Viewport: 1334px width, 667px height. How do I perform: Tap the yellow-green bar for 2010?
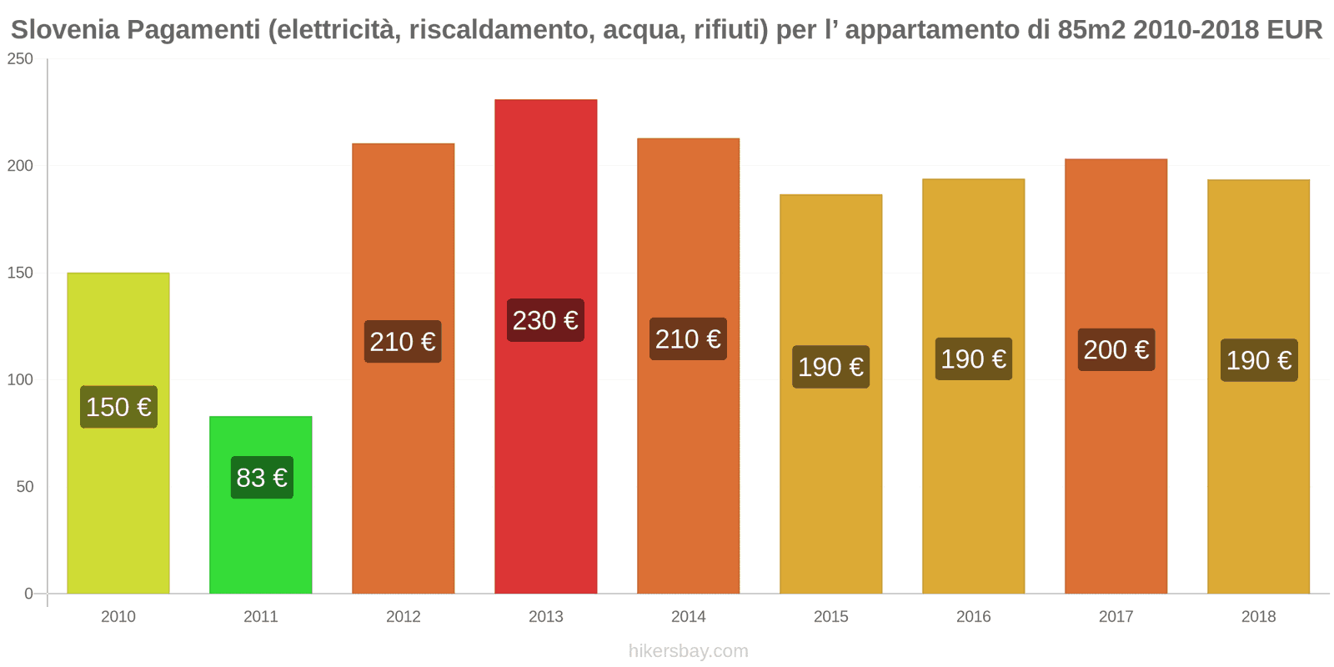(x=118, y=500)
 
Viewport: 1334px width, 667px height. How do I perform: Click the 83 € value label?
(x=262, y=478)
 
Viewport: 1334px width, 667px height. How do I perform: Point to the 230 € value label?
(x=545, y=320)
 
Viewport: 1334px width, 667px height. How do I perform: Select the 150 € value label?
(x=118, y=407)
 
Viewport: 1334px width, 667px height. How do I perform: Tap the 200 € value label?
(x=1116, y=349)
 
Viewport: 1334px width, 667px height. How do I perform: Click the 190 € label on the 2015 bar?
(x=830, y=367)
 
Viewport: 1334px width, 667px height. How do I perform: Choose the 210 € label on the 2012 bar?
(x=403, y=342)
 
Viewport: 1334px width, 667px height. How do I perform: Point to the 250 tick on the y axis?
(x=20, y=59)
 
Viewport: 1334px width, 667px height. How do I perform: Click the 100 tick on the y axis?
(x=20, y=380)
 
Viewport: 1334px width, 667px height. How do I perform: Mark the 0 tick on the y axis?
(x=28, y=594)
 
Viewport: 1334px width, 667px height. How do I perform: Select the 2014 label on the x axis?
(x=688, y=617)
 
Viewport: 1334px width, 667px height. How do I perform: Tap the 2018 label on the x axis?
(x=1258, y=617)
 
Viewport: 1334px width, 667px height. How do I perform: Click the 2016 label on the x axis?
(x=973, y=617)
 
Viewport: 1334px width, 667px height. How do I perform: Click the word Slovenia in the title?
(x=65, y=30)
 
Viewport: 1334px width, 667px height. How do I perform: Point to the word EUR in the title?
(x=1294, y=30)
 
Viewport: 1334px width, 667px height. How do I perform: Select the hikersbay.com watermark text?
(x=688, y=651)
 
